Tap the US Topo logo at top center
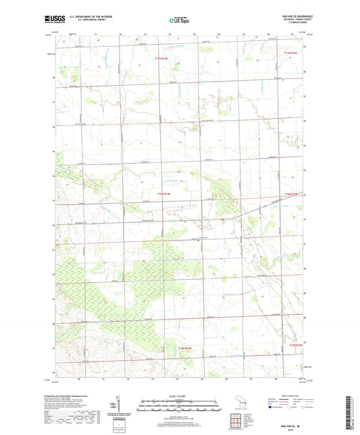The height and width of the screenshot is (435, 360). click(179, 22)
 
